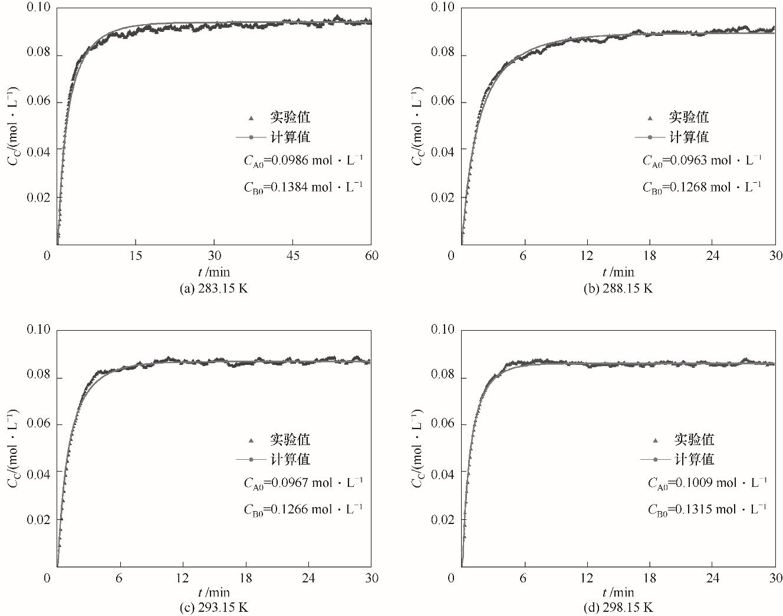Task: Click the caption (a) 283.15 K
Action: (x=214, y=288)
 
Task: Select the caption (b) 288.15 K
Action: (x=618, y=288)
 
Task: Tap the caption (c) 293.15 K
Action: (x=214, y=607)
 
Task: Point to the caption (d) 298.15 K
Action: (x=618, y=607)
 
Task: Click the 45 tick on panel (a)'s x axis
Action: (x=292, y=255)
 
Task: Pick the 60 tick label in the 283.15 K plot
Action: (x=371, y=255)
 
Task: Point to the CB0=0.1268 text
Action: (x=702, y=187)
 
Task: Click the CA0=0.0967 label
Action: (x=303, y=483)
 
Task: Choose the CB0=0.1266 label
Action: (x=303, y=509)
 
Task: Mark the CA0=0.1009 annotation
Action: (x=707, y=483)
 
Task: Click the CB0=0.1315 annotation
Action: (x=707, y=509)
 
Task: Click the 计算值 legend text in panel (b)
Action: (x=689, y=137)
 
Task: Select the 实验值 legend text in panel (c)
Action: (x=290, y=440)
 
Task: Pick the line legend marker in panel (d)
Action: (x=655, y=459)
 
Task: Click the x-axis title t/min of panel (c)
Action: (x=214, y=592)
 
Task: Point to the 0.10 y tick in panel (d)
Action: (x=442, y=329)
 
